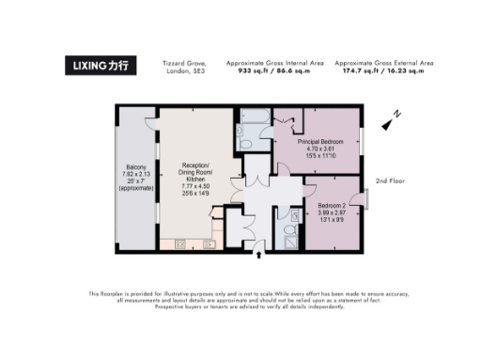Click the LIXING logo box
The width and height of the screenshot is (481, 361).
pyautogui.click(x=102, y=66)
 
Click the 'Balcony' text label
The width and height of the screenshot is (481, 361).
pyautogui.click(x=129, y=167)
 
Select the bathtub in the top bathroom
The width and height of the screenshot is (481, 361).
pyautogui.click(x=254, y=118)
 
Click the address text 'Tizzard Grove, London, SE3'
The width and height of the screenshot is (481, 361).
pyautogui.click(x=183, y=67)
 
